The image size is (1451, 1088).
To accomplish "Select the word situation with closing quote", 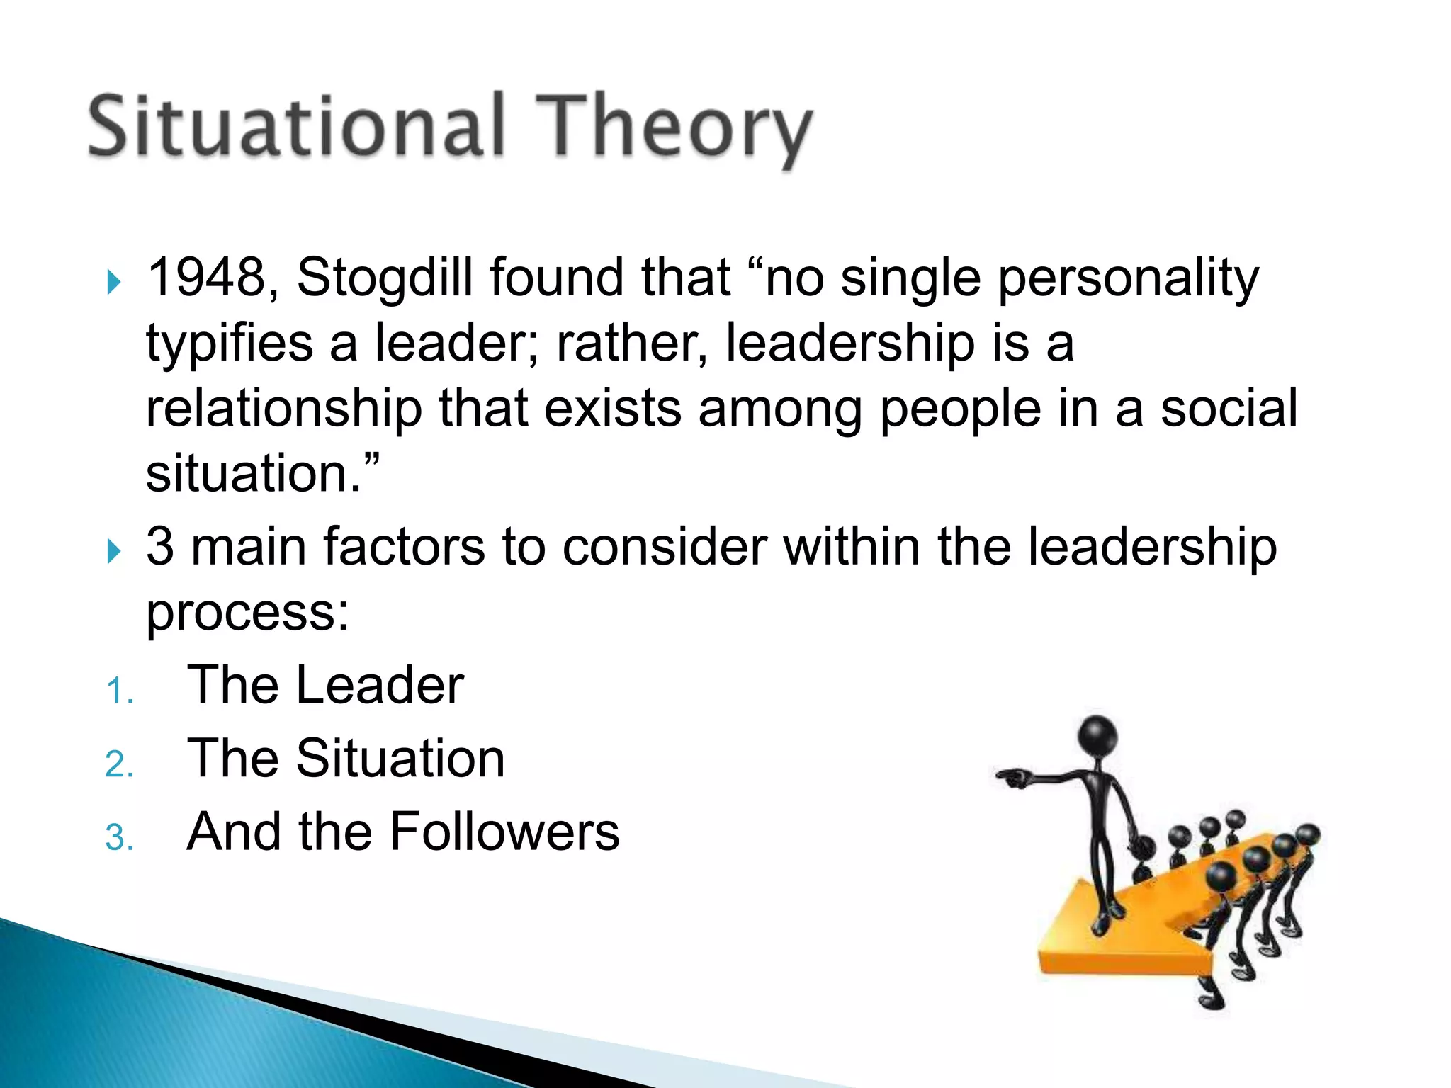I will click(x=262, y=475).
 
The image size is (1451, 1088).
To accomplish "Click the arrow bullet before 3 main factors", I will click(x=113, y=551).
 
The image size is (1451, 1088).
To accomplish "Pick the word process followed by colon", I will click(x=247, y=613).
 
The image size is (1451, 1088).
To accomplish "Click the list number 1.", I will click(x=119, y=691).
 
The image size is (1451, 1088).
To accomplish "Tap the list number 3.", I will click(x=119, y=839).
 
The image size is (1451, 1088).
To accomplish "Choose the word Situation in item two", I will click(x=400, y=759).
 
